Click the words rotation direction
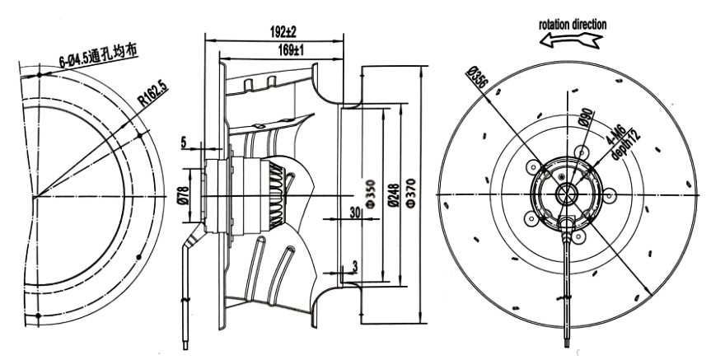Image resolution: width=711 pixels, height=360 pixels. pos(573,25)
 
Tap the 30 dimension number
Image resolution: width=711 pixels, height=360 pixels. pos(354,213)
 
